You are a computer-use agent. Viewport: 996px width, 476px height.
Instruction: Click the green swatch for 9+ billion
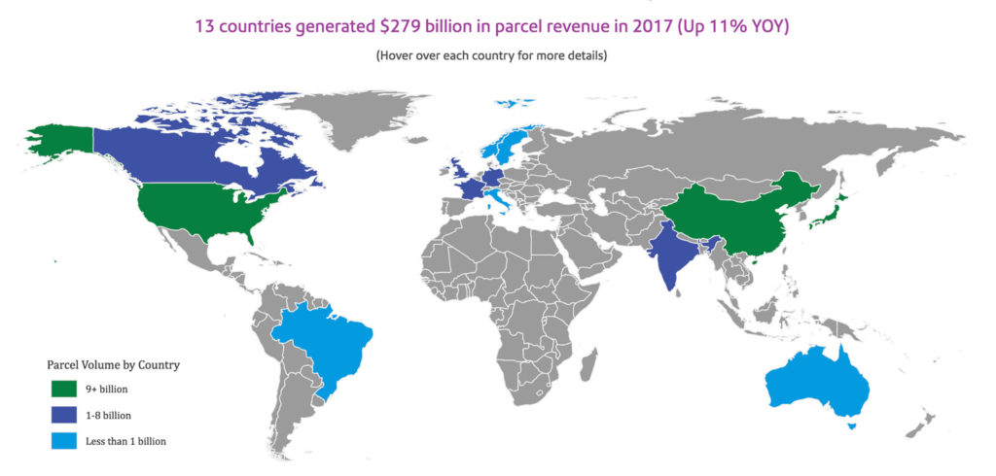coord(63,389)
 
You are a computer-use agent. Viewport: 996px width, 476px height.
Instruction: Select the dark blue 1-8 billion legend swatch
coord(63,415)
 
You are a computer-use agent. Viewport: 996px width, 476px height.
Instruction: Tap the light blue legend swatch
coord(63,441)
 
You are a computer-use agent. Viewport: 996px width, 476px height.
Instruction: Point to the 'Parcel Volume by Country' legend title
coord(114,365)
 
